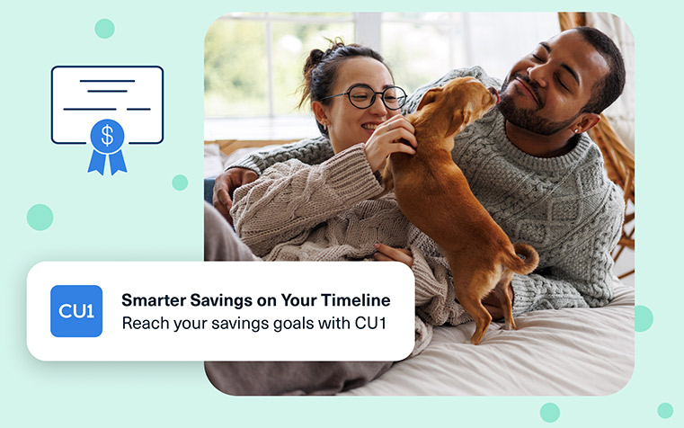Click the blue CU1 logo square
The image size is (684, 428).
76,311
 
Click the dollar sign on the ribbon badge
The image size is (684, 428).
107,136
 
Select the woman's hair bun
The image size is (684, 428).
315,60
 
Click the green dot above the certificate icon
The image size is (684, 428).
104,29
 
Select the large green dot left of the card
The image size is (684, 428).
40,217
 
